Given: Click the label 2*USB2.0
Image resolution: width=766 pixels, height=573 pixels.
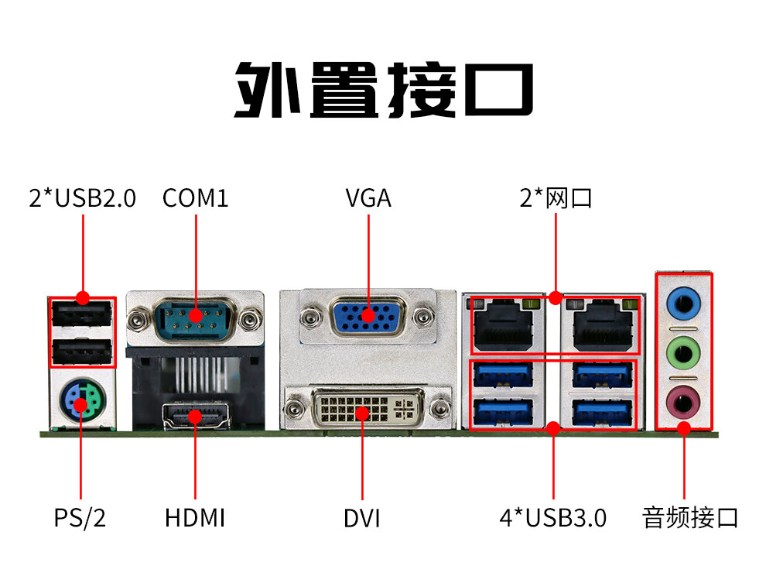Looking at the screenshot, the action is (82, 198).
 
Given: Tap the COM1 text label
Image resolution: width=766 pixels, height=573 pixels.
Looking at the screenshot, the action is (196, 198).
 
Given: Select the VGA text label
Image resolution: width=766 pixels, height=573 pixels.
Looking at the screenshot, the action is (368, 198).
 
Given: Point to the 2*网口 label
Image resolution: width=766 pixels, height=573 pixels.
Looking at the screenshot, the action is (556, 198).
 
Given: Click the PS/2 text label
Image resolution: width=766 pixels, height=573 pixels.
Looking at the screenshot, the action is (80, 518).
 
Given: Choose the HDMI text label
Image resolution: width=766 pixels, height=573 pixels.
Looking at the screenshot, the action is (195, 518).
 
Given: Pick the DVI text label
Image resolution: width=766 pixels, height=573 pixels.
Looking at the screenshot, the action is (362, 518).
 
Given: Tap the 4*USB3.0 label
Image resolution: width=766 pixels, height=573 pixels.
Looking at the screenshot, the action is (553, 518).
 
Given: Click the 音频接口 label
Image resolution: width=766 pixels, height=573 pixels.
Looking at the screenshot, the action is (690, 518).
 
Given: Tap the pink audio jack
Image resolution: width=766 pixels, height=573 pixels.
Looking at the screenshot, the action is (683, 403).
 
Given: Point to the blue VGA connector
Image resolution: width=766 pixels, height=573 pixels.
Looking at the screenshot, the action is (368, 317).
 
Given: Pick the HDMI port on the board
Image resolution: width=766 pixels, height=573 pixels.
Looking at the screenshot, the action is (196, 416).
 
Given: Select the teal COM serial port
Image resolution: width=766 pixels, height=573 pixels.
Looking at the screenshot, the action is (195, 319).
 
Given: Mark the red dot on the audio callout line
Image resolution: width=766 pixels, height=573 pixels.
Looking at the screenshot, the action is (684, 429).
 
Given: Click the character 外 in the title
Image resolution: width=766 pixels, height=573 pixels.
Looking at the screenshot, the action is (267, 90).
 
